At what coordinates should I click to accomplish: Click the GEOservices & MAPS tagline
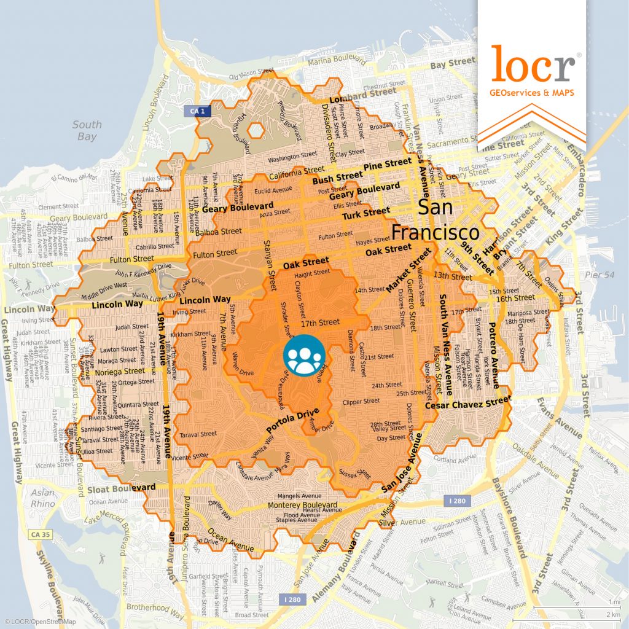point(531,93)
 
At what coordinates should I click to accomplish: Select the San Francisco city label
point(436,220)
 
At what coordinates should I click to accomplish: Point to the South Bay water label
point(87,130)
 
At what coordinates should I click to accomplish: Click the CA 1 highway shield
point(193,110)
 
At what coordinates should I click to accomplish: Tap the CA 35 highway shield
point(39,535)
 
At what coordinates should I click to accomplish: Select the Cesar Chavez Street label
point(467,404)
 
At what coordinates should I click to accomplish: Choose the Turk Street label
point(366,214)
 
